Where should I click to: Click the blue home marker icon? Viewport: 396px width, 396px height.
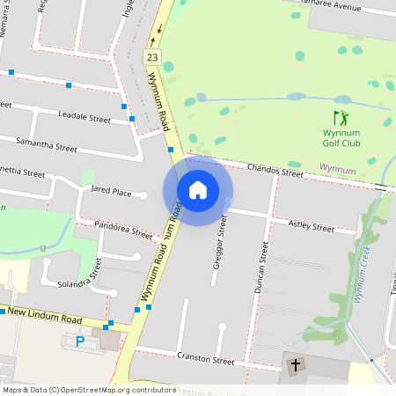[198, 190]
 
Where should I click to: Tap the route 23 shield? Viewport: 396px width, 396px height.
[153, 57]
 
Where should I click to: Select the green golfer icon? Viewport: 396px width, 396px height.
[340, 117]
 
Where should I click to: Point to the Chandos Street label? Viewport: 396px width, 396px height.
[275, 169]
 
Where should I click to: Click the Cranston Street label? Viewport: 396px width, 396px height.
[205, 360]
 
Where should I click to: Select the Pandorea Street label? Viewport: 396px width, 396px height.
[123, 231]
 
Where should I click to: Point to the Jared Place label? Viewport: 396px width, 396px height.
[111, 191]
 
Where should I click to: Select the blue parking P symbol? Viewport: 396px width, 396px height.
[81, 341]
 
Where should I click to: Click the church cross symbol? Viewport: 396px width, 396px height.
[296, 364]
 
